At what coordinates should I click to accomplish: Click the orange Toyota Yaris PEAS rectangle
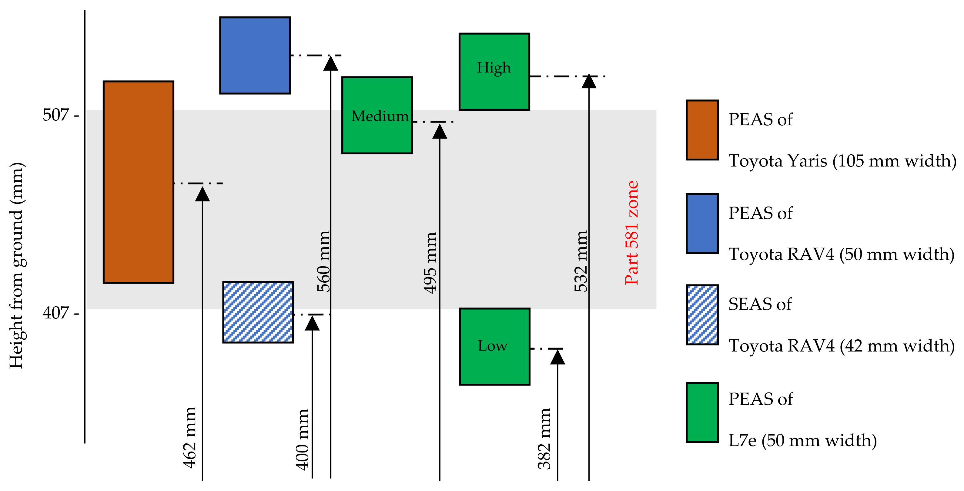[x=139, y=182]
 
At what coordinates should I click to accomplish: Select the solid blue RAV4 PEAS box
[x=255, y=55]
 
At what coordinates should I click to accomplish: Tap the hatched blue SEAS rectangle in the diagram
[x=258, y=312]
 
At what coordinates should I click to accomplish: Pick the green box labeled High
[x=494, y=72]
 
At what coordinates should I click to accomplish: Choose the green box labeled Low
[x=494, y=346]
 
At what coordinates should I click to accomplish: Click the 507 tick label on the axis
[x=56, y=115]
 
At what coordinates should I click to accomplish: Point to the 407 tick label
[x=56, y=312]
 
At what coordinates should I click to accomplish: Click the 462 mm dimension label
[x=190, y=437]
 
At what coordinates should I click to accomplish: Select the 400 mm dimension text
[x=302, y=439]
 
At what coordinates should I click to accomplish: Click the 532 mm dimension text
[x=581, y=261]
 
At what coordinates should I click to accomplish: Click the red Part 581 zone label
[x=632, y=233]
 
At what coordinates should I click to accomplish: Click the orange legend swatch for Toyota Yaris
[x=702, y=130]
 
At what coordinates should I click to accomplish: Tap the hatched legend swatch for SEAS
[x=702, y=314]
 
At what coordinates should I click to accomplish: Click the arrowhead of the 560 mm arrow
[x=330, y=64]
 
